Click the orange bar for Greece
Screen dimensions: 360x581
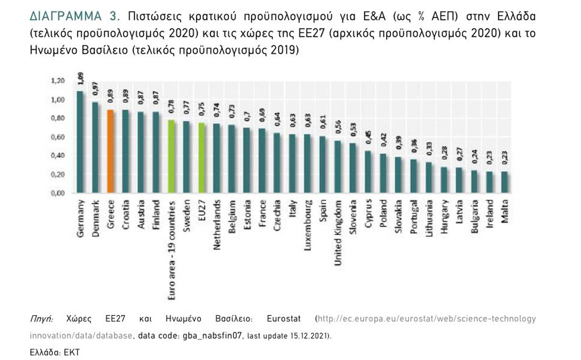[x=110, y=152]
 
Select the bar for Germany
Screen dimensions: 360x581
[x=80, y=142]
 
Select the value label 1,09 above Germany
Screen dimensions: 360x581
[x=80, y=79]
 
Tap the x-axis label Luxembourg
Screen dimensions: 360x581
[x=308, y=223]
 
